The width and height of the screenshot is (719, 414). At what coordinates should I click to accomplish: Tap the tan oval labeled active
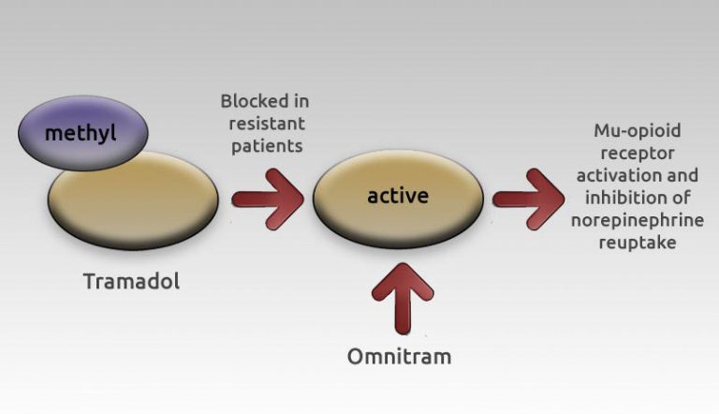[x=398, y=198]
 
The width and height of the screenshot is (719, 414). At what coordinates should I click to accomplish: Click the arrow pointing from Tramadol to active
[x=266, y=198]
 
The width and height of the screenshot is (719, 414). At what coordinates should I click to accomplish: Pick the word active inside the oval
[x=398, y=196]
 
